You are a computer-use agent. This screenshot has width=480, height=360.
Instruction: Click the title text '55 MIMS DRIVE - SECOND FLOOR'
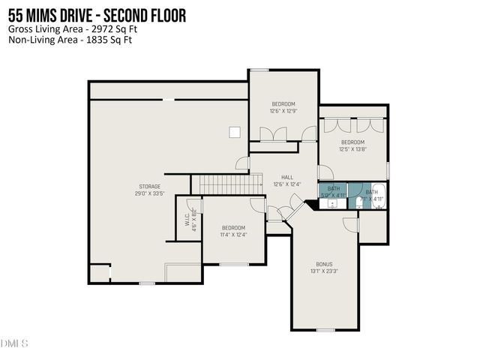(x=97, y=16)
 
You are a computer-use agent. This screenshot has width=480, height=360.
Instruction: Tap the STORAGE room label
(x=149, y=186)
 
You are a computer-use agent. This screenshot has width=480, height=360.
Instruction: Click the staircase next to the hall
(x=220, y=183)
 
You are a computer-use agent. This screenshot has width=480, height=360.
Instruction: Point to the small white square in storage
(x=235, y=132)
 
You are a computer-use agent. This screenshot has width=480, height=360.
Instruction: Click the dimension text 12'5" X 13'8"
(x=352, y=149)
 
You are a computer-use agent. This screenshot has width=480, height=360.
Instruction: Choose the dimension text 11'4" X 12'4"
(x=233, y=235)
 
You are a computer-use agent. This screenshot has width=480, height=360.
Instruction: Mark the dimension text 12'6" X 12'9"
(x=283, y=111)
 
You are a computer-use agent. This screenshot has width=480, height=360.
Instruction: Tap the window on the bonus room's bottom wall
(x=325, y=330)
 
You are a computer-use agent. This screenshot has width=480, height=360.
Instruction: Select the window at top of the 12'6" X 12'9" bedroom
(x=259, y=70)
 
